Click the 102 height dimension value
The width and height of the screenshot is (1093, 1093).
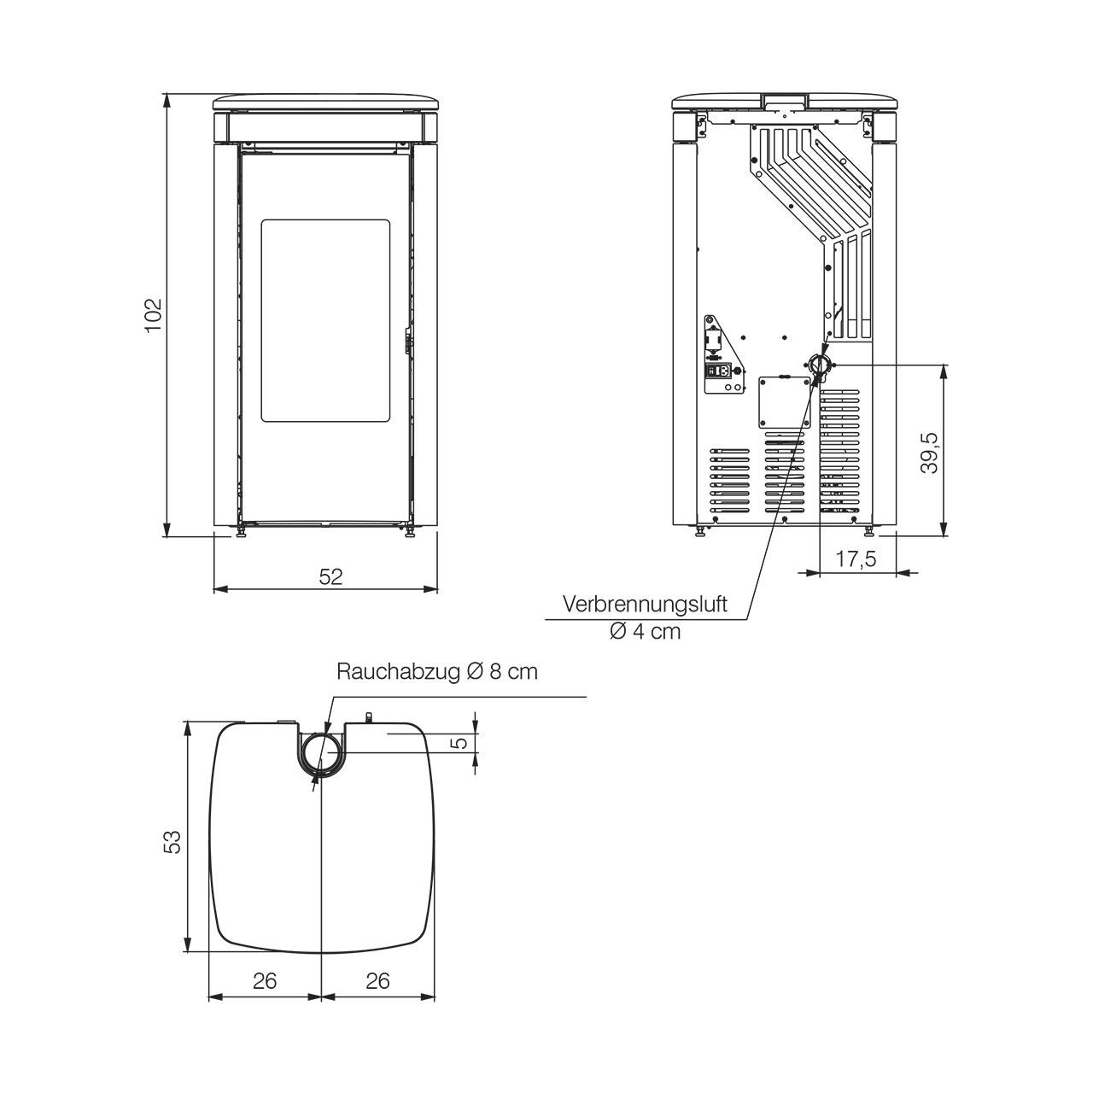(154, 315)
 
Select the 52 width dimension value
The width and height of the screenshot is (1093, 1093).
(330, 577)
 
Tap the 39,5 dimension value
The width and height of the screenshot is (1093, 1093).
(930, 453)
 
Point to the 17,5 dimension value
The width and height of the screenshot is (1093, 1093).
(856, 559)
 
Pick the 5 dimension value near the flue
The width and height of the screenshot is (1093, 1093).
(462, 742)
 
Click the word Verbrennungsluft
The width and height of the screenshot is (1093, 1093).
(645, 604)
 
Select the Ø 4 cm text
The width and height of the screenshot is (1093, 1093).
(645, 631)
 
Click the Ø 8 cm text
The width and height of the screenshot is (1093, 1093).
(501, 671)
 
